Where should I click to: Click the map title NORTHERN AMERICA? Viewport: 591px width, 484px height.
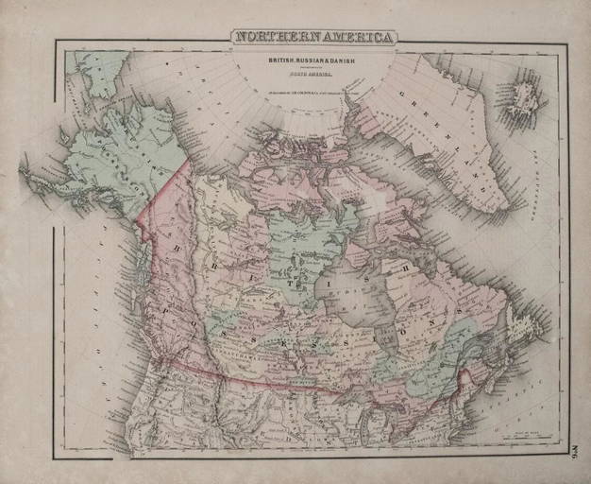[314, 38]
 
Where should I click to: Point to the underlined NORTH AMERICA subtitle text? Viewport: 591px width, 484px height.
[314, 76]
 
